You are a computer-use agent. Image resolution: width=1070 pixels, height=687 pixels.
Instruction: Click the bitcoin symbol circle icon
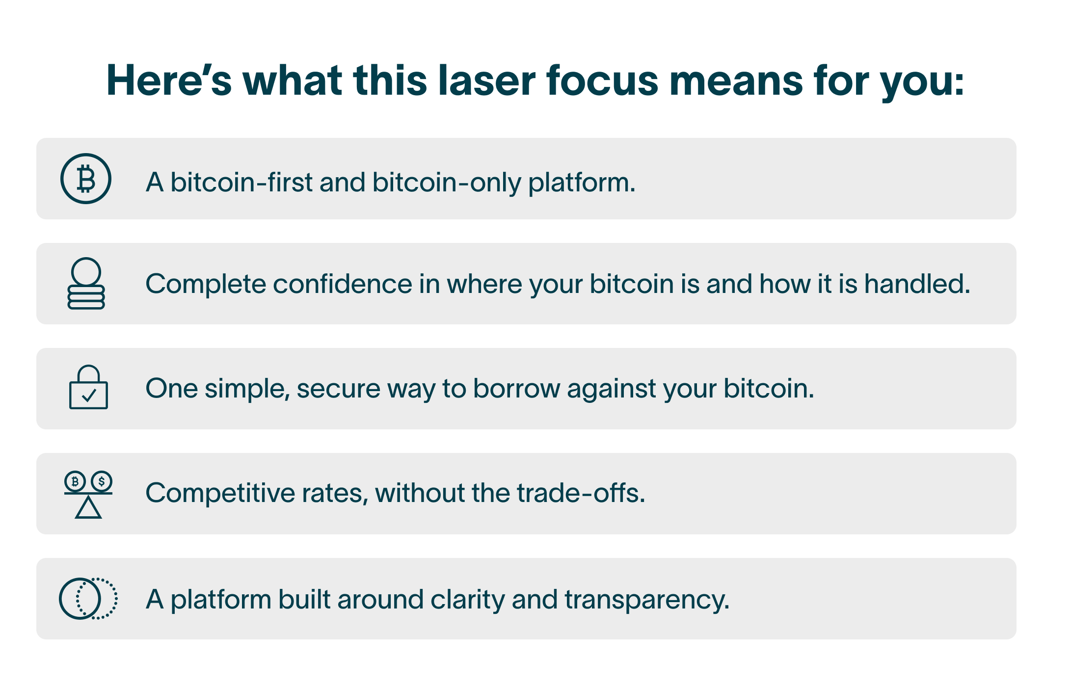tap(86, 179)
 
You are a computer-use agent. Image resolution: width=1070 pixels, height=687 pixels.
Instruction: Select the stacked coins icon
tap(86, 283)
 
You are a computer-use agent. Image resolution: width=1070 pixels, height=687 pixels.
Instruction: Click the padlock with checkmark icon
tap(88, 387)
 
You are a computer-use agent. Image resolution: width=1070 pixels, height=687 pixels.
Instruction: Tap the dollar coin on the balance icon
tap(102, 481)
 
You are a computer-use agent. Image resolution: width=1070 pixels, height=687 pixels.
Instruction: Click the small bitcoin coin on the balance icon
tap(75, 481)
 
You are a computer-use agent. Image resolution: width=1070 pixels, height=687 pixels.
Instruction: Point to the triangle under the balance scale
tap(88, 507)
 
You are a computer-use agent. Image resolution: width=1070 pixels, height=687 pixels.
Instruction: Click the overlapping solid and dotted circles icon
tap(88, 599)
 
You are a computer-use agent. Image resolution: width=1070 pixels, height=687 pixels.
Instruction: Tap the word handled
tap(917, 284)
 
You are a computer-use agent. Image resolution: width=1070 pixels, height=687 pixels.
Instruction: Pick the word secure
tap(338, 389)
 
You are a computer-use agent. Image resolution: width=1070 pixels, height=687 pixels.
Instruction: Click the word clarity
tap(468, 600)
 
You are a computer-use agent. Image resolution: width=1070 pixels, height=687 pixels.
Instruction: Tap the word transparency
tap(647, 600)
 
